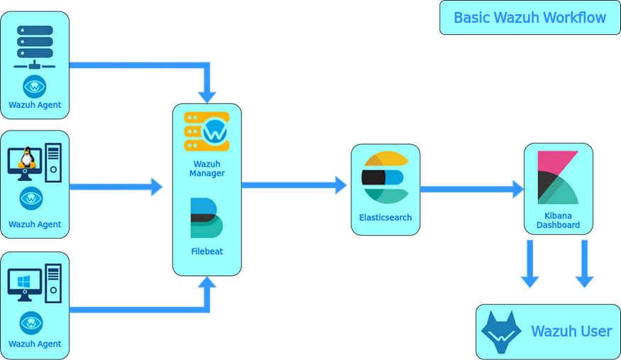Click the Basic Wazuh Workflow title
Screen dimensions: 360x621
529,18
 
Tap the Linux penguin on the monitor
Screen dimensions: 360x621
27,158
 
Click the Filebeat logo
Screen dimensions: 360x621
207,218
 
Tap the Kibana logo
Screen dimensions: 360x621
558,177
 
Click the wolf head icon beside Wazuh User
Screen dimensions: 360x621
501,332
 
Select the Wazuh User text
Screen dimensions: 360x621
571,332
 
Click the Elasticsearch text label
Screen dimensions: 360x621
385,217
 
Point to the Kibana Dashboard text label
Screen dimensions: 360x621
558,220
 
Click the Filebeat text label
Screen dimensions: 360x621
207,251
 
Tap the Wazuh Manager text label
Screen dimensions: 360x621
207,168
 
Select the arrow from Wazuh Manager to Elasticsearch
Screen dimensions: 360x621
294,185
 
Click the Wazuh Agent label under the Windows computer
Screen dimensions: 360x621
35,344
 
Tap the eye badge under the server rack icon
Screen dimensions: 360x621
35,87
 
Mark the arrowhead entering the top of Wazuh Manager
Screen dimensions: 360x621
207,95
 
